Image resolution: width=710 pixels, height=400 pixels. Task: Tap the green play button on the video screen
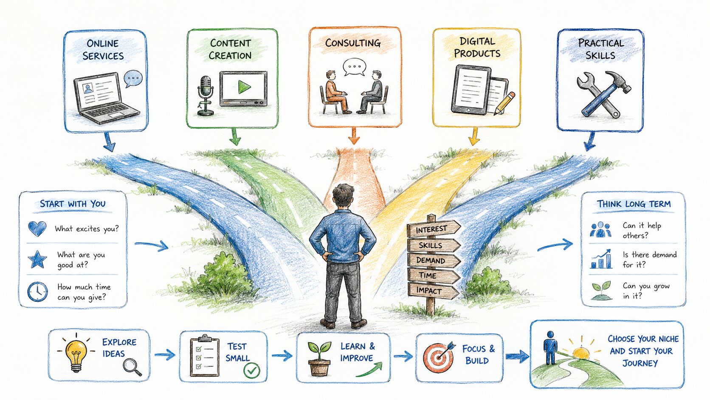(244, 87)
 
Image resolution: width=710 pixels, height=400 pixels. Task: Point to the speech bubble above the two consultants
(355, 67)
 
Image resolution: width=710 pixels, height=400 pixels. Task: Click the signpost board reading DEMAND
(433, 261)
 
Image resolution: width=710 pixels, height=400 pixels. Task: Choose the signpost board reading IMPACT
(432, 291)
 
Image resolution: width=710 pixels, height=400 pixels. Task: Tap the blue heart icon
(37, 228)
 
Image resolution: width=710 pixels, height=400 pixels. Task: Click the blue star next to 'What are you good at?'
(37, 259)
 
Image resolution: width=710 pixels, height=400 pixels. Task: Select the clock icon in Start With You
(37, 292)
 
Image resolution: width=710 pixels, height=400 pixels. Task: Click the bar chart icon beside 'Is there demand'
(600, 259)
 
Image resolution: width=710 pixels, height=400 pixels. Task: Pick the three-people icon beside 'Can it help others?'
(600, 230)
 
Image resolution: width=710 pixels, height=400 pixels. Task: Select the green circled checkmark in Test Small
(252, 370)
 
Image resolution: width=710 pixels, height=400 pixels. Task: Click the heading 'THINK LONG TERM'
(634, 204)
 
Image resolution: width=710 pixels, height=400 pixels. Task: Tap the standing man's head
(343, 195)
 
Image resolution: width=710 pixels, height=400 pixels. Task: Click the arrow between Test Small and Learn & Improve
(282, 355)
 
